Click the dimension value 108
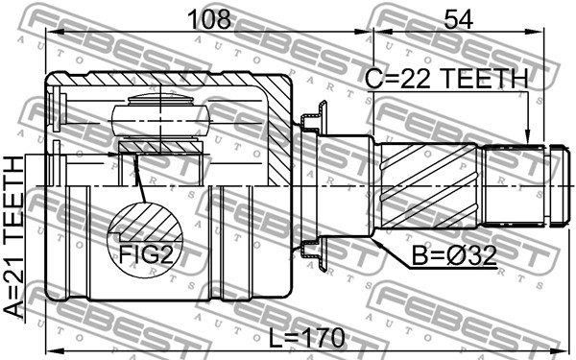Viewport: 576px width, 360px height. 209,19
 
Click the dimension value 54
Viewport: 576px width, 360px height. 458,19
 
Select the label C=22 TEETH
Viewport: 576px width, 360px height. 446,79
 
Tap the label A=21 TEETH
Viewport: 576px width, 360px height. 13,237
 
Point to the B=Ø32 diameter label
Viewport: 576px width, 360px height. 454,255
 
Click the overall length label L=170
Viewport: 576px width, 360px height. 307,338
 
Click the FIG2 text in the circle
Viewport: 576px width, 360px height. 146,254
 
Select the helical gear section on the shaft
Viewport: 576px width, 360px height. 429,185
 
